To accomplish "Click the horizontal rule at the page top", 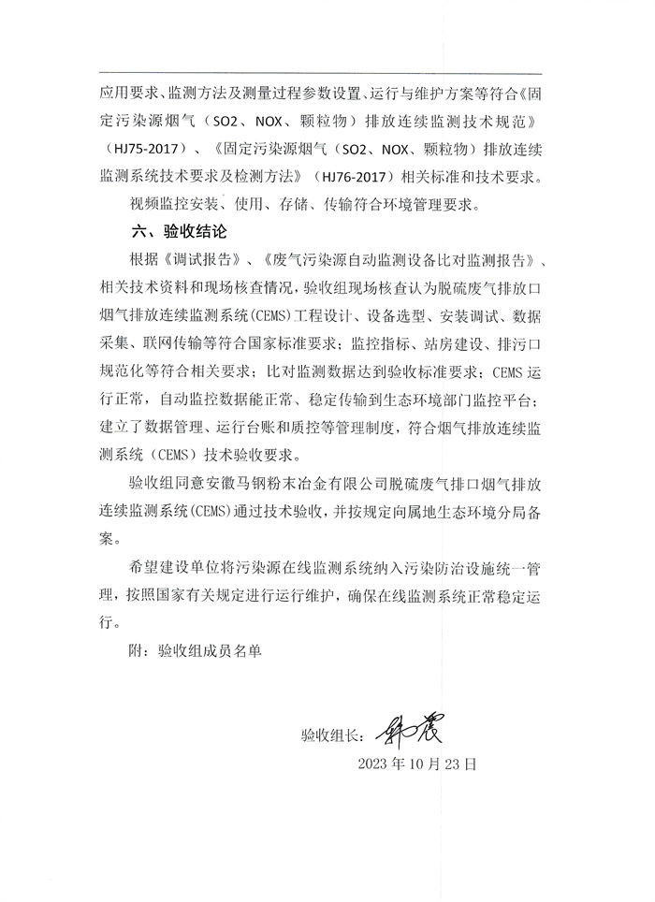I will coord(327,73).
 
